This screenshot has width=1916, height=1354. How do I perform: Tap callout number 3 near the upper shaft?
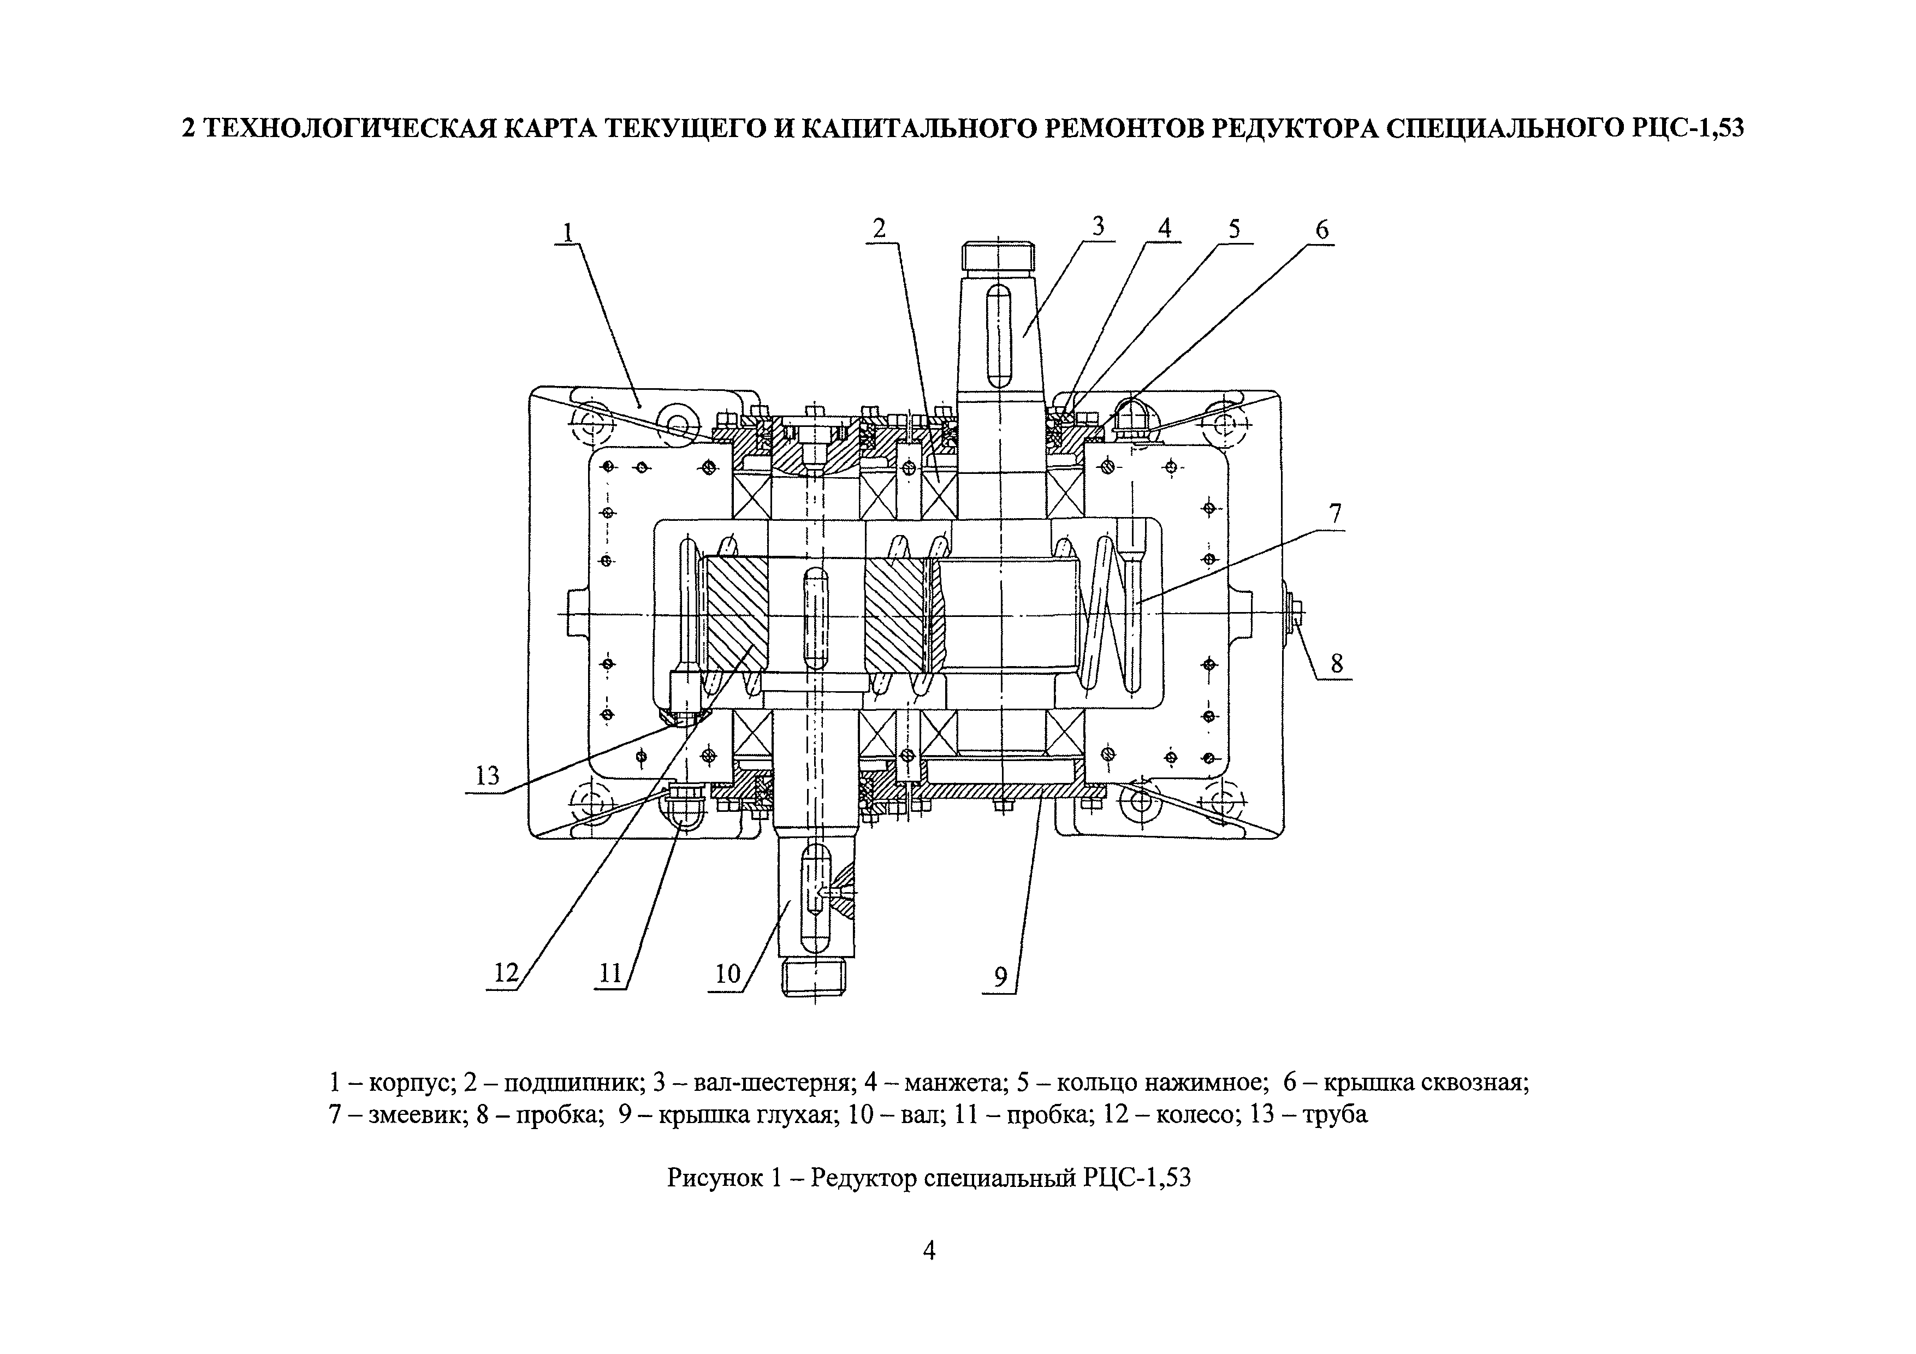click(1098, 226)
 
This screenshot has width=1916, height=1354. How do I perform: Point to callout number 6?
click(1322, 229)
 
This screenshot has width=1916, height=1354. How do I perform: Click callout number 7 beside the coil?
click(1335, 514)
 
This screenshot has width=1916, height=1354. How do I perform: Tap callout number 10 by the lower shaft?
click(728, 973)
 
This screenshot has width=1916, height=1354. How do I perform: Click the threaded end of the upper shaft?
click(998, 257)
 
